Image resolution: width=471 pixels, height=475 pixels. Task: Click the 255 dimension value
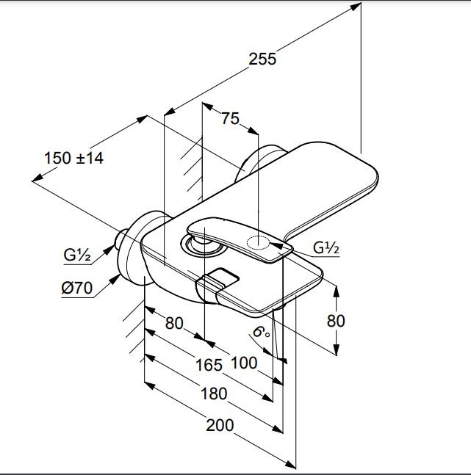pyautogui.click(x=262, y=59)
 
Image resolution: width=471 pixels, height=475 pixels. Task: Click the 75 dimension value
pyautogui.click(x=230, y=118)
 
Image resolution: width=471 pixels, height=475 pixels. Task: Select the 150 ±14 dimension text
pyautogui.click(x=73, y=158)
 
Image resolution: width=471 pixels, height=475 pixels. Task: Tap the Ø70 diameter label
pyautogui.click(x=76, y=288)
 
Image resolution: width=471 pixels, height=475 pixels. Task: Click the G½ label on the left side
pyautogui.click(x=77, y=255)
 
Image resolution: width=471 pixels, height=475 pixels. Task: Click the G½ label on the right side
pyautogui.click(x=326, y=248)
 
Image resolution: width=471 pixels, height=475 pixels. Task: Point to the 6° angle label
pyautogui.click(x=261, y=332)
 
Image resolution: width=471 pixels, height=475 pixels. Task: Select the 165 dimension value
pyautogui.click(x=209, y=365)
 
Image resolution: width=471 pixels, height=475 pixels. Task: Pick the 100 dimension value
pyautogui.click(x=244, y=363)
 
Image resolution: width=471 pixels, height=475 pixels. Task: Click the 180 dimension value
pyautogui.click(x=214, y=394)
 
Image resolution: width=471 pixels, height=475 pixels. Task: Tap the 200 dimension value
pyautogui.click(x=220, y=425)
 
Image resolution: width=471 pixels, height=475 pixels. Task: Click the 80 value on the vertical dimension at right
pyautogui.click(x=336, y=321)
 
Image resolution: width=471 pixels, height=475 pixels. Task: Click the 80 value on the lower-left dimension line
pyautogui.click(x=174, y=323)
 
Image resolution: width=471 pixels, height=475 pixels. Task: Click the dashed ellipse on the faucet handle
pyautogui.click(x=258, y=242)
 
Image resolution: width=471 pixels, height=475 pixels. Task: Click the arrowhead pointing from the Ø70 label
pyautogui.click(x=115, y=279)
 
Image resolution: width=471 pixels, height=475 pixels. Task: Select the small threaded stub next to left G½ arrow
pyautogui.click(x=121, y=238)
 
